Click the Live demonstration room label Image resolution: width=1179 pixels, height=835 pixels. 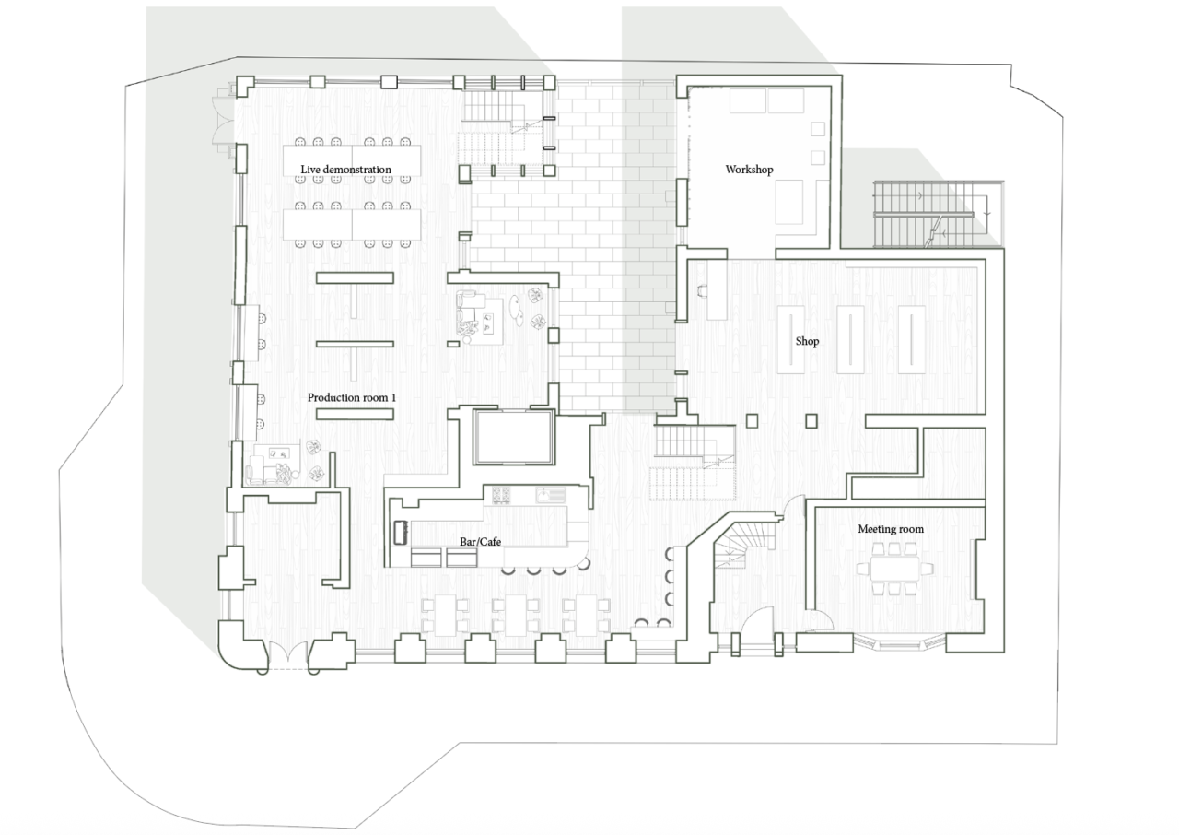click(x=345, y=170)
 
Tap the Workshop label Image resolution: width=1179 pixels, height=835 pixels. click(x=749, y=170)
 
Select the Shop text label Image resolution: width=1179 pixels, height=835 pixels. click(x=807, y=341)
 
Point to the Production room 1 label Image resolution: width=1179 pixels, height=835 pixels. click(x=352, y=397)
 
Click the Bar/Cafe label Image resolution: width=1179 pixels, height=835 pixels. click(x=480, y=541)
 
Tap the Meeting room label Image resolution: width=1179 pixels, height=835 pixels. click(x=891, y=529)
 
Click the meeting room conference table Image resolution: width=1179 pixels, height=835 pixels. click(x=894, y=569)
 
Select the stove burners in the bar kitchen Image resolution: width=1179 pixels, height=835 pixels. click(x=501, y=495)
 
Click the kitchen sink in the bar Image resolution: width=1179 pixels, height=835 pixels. click(x=551, y=495)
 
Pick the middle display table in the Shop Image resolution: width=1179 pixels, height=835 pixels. click(x=850, y=339)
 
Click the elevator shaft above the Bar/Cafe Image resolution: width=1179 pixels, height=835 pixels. click(x=514, y=437)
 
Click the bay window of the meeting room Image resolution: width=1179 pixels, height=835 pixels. click(x=899, y=643)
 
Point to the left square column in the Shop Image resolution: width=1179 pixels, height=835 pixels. click(x=753, y=420)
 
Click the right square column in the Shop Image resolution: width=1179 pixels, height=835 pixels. click(x=811, y=420)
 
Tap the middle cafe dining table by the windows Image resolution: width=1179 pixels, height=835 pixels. click(x=516, y=615)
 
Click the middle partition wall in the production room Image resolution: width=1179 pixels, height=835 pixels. click(x=355, y=344)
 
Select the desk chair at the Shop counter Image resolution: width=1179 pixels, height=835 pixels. click(x=702, y=290)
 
